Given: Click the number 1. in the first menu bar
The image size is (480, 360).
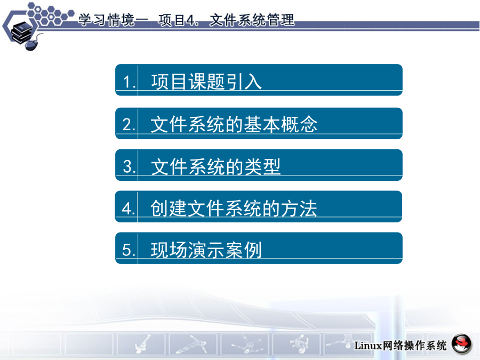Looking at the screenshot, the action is point(130,82).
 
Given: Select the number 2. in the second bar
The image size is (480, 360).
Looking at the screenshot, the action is point(129,125).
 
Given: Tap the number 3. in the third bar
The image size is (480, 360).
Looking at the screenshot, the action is point(129,167).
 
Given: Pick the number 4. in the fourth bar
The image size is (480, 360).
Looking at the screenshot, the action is point(129,209).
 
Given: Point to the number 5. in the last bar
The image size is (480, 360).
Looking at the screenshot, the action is point(129,250).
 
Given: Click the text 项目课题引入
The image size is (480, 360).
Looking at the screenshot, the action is point(206,82).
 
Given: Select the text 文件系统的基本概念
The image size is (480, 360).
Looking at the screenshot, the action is point(234,124).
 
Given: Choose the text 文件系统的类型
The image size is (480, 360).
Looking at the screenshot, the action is point(215,166).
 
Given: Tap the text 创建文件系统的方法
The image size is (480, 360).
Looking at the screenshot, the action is point(233,209).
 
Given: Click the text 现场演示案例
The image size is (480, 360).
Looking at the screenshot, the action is point(206,250).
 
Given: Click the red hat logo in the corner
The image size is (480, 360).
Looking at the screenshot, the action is point(462,344).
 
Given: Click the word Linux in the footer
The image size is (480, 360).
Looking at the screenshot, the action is point(368,346).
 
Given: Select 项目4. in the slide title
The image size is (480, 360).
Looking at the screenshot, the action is point(178,20).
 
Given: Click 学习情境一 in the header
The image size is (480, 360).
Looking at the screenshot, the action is point(113,20).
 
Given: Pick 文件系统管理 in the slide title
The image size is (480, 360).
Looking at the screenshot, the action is point(252,20).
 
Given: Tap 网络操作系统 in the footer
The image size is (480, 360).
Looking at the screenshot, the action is point(414,346).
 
